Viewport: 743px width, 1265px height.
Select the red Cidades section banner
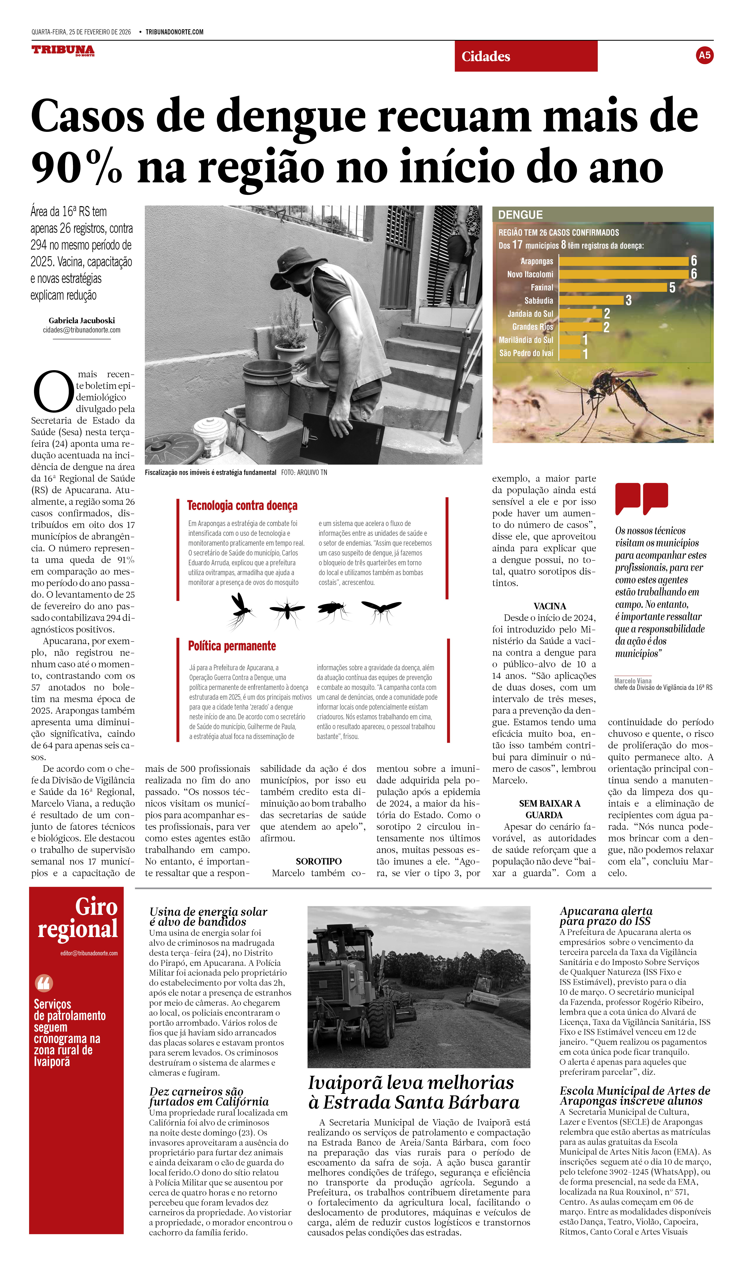(x=526, y=56)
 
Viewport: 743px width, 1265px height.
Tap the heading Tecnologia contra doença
(x=242, y=506)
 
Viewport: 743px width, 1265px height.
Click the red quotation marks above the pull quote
(x=641, y=498)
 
